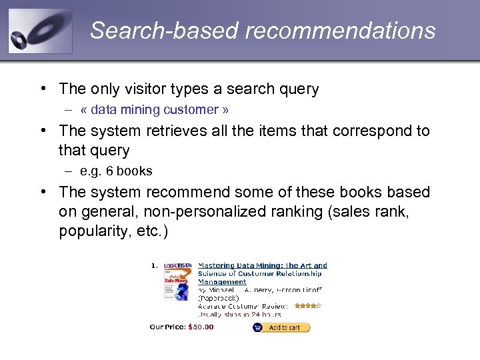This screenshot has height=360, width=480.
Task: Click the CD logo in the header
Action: [39, 31]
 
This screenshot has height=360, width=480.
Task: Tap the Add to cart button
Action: [281, 327]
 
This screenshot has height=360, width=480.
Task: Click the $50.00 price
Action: [201, 327]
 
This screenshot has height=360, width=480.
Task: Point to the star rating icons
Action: [308, 306]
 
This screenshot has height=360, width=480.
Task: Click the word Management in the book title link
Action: [222, 282]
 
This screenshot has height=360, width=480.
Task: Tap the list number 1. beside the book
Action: [154, 265]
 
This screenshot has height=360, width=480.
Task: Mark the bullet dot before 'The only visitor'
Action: [43, 89]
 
